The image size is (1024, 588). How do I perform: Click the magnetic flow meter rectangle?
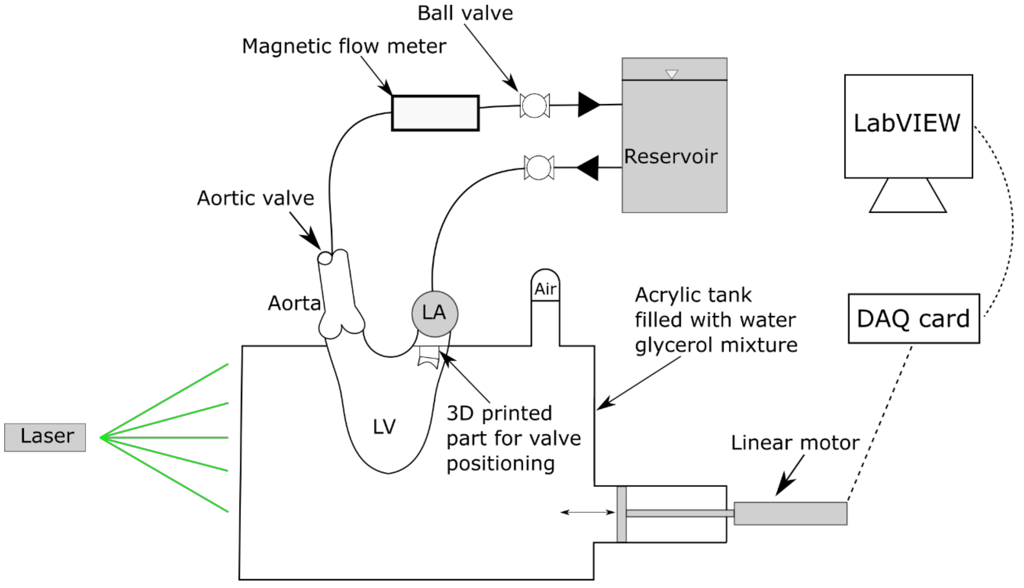[x=435, y=113]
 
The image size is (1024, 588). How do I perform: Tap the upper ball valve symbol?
[x=534, y=105]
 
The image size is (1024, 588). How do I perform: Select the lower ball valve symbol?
[x=539, y=167]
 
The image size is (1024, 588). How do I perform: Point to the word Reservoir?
[x=670, y=157]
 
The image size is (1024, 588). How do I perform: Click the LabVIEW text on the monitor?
[x=907, y=123]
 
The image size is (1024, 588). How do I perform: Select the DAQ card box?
[x=913, y=319]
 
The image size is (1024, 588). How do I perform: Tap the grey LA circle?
[x=434, y=314]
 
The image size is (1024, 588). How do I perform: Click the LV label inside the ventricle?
[x=384, y=427]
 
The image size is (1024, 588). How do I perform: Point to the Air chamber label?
[x=545, y=289]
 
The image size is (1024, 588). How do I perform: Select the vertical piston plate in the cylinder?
[x=621, y=514]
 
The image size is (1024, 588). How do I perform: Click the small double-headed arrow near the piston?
[x=588, y=512]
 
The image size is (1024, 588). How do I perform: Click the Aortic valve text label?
[x=255, y=198]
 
